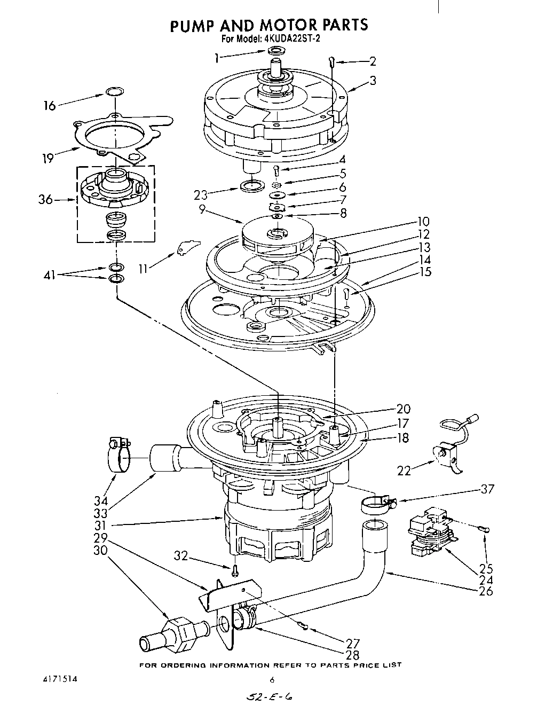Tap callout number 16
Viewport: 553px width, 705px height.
(x=49, y=105)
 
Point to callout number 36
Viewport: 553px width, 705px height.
(x=46, y=200)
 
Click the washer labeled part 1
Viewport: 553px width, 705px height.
(x=276, y=51)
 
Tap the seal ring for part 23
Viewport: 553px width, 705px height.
(x=252, y=186)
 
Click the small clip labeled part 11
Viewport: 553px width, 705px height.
(x=186, y=247)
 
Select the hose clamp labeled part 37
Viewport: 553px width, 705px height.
(x=376, y=503)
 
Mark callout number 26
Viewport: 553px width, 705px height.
(x=486, y=591)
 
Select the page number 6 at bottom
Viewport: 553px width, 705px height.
(x=272, y=680)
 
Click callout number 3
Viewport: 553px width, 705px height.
(x=373, y=81)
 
